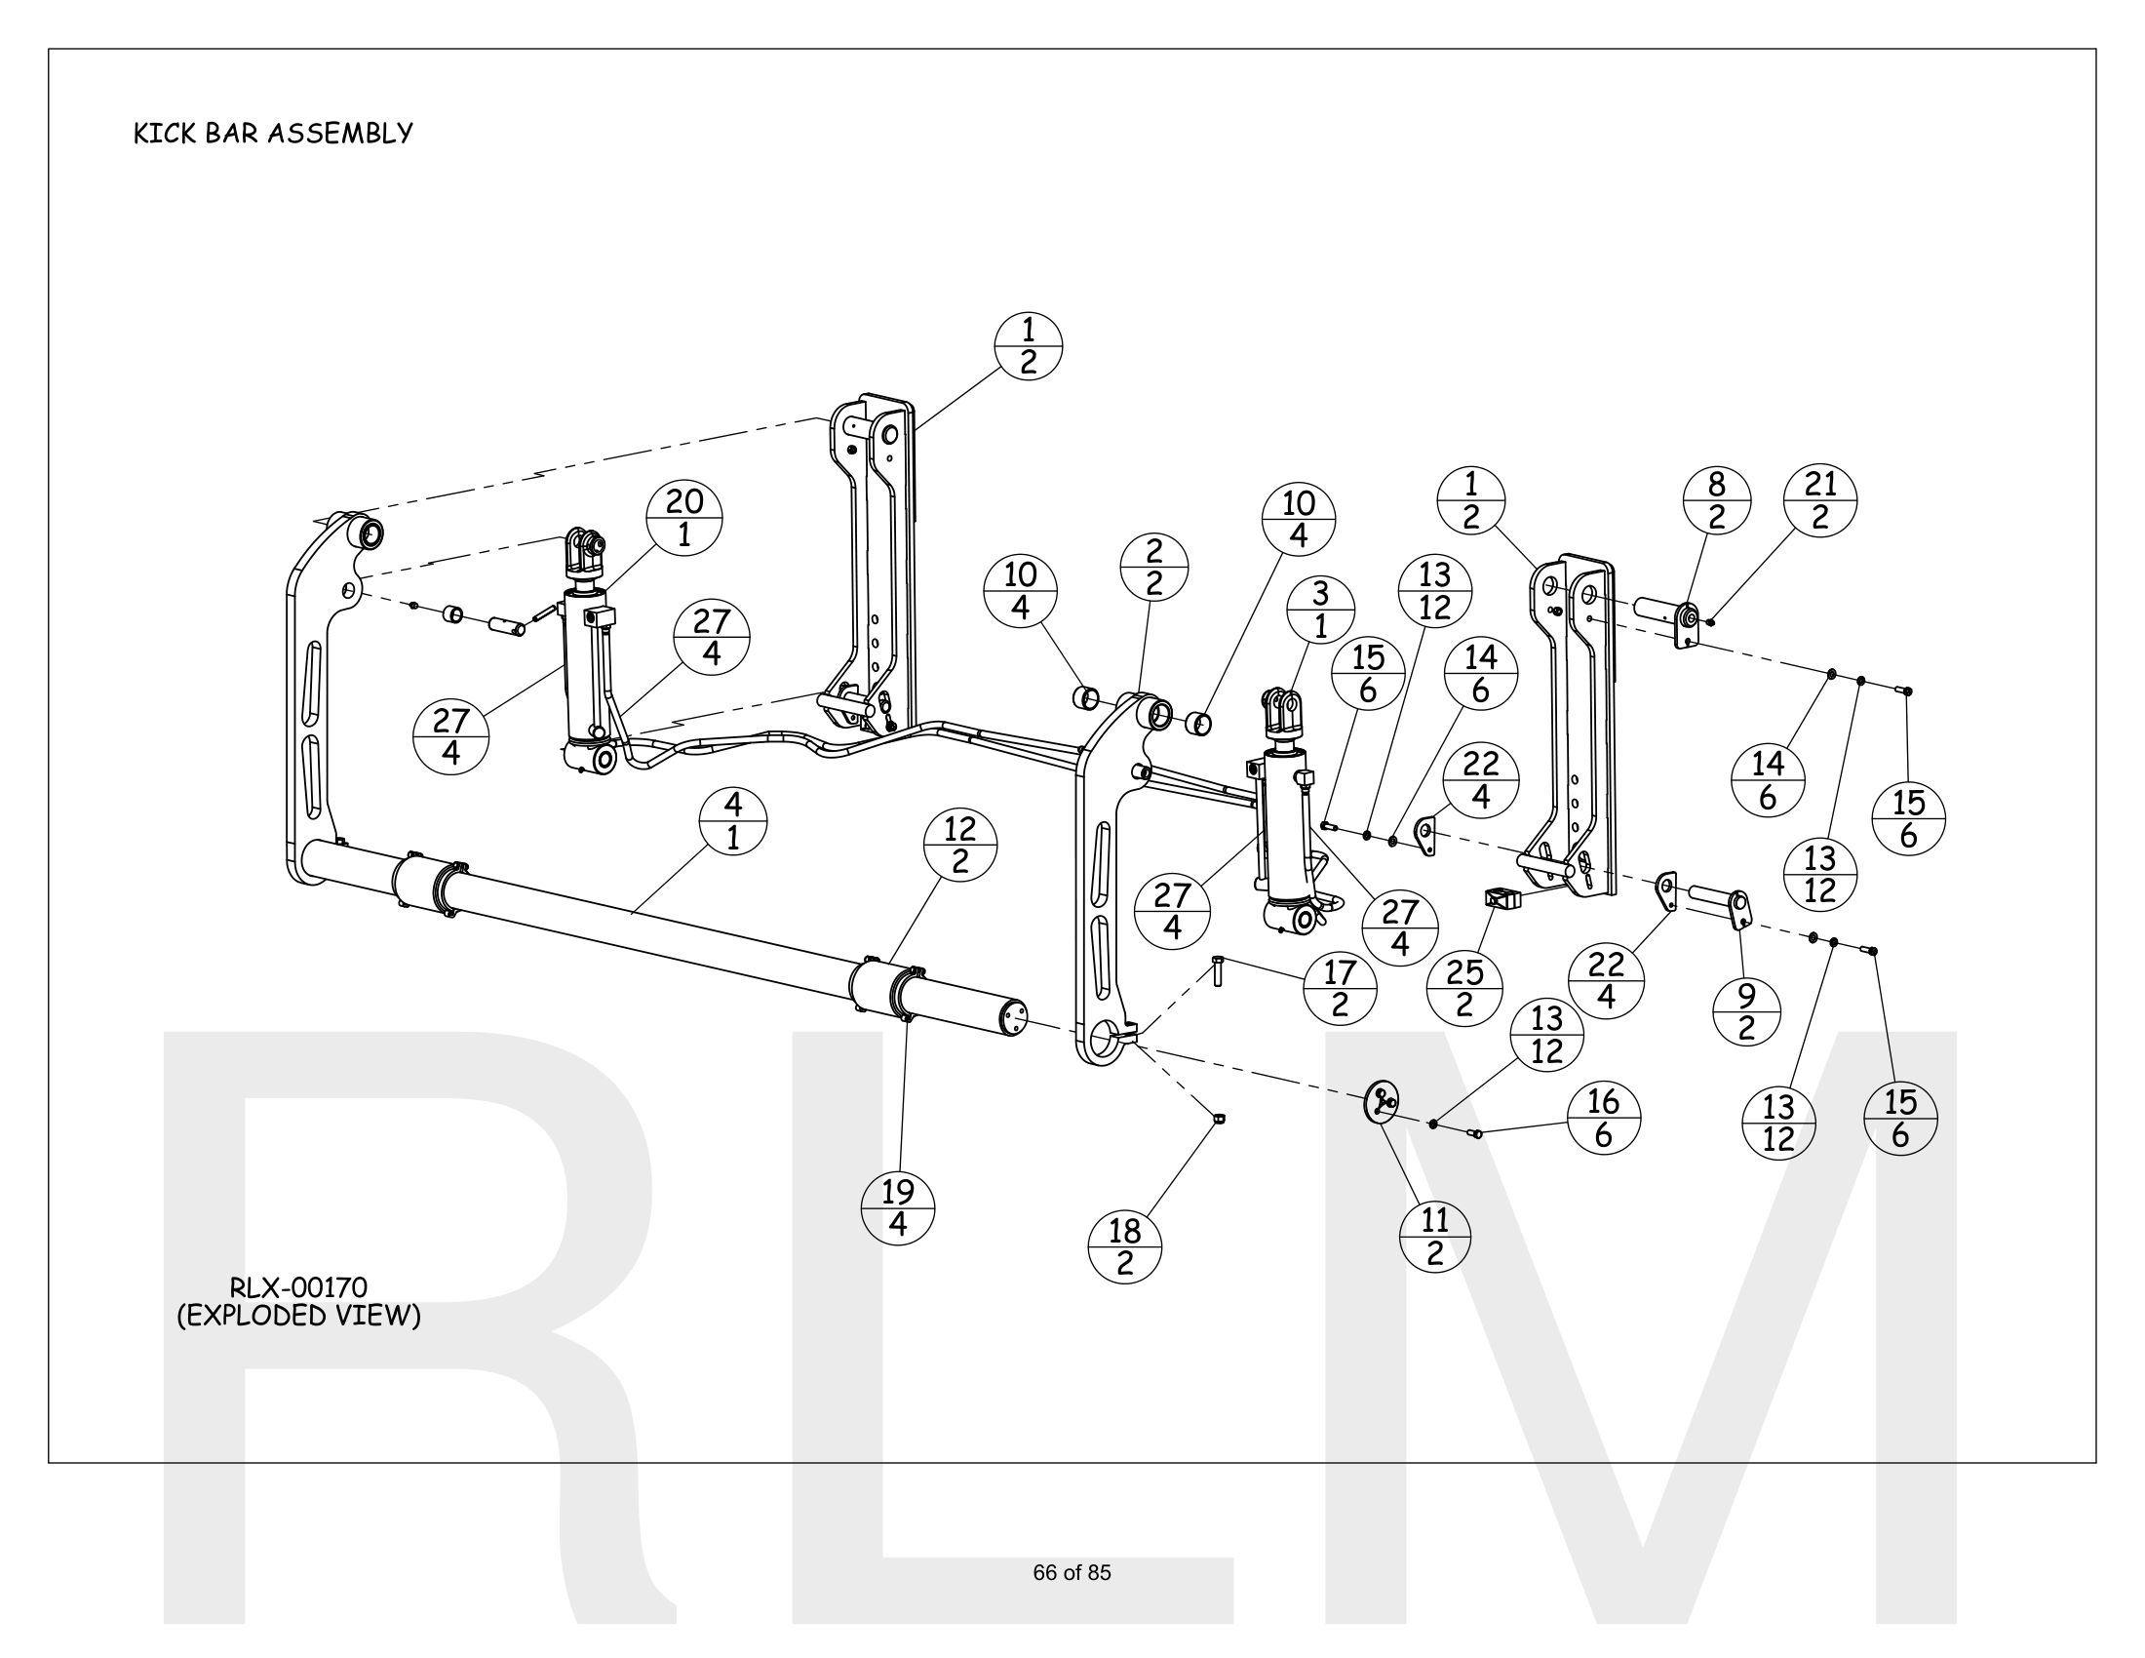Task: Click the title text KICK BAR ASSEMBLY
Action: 273,134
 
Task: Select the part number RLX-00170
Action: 297,1286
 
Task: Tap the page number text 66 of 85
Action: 1072,1572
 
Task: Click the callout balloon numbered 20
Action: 684,518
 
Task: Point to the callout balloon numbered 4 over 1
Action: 732,821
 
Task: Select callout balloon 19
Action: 898,1208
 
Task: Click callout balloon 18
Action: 1124,1246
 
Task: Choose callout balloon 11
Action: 1435,1237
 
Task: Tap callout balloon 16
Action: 1603,1118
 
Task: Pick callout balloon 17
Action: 1340,988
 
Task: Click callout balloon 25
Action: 1464,988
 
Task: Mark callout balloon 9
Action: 1746,1012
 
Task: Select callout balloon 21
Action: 1820,500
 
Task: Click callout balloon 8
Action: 1717,500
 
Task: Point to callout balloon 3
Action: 1320,609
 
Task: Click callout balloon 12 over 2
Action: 960,845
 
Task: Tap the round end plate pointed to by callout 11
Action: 1381,1101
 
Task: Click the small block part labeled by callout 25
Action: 1501,896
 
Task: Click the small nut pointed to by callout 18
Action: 1219,1118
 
